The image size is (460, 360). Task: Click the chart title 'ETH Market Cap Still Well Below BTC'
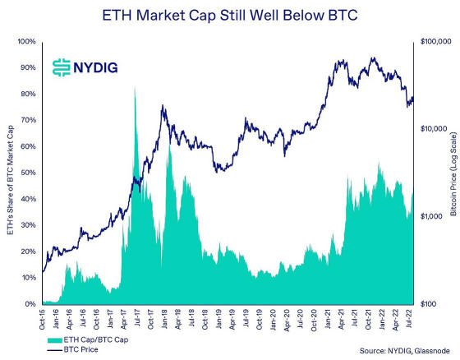pyautogui.click(x=230, y=15)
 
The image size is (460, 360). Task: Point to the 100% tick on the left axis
pyautogui.click(x=26, y=41)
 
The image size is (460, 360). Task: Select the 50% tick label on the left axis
pyautogui.click(x=28, y=173)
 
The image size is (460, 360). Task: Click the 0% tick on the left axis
pyautogui.click(x=30, y=304)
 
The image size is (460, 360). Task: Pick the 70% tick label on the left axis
pyautogui.click(x=28, y=120)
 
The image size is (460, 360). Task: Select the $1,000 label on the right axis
pyautogui.click(x=434, y=216)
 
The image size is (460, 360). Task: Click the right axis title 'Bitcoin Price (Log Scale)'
pyautogui.click(x=453, y=173)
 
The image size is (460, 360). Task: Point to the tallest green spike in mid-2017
pyautogui.click(x=135, y=89)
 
